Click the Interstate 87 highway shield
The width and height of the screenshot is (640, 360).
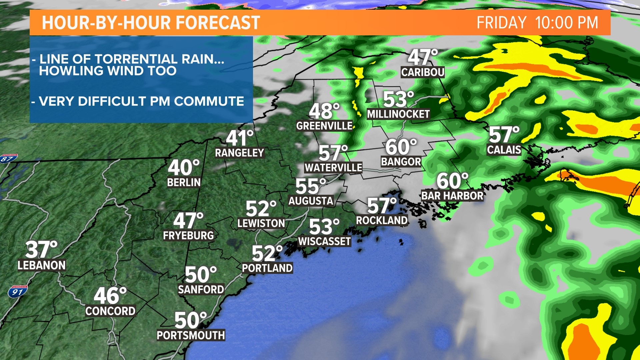(8, 158)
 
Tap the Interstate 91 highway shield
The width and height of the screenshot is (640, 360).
(17, 292)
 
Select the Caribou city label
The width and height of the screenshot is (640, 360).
(423, 72)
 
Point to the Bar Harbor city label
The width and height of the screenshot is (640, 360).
(452, 196)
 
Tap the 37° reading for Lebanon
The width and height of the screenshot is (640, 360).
(41, 250)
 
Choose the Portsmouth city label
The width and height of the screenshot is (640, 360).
(191, 335)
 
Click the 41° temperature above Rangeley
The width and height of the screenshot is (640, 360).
(240, 138)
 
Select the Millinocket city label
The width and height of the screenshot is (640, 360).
(398, 114)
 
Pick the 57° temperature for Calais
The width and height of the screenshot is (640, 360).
(504, 135)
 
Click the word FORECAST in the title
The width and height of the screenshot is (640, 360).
(218, 23)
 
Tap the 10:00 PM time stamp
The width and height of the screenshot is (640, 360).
(566, 23)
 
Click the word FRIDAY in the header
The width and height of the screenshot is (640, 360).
(501, 23)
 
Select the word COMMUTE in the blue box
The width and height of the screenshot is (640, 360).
(209, 101)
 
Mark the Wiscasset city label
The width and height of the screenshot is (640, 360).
(324, 241)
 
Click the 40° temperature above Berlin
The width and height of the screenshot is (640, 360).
(184, 168)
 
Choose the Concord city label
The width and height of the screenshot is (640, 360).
(110, 311)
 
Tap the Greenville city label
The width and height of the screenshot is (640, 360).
(324, 126)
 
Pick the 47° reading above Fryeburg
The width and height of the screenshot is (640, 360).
(188, 221)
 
